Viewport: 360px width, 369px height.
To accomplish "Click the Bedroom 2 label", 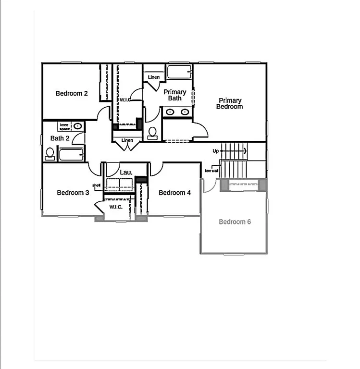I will pos(72,93).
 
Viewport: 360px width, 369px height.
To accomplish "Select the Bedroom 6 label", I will pos(235,222).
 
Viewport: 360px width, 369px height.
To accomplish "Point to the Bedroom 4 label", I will pos(174,193).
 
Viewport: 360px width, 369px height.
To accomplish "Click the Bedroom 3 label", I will pos(73,193).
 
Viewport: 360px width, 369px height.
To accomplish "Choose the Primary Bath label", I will pos(175,95).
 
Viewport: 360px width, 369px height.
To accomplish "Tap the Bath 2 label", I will pos(60,138).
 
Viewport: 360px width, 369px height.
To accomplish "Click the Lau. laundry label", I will pos(126,172).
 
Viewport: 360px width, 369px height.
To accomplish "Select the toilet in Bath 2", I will pos(50,153).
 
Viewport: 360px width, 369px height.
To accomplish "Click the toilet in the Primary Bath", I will pos(153,133).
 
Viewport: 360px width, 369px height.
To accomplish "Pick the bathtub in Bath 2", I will pos(71,154).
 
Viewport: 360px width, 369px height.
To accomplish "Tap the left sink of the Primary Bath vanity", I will pos(170,112).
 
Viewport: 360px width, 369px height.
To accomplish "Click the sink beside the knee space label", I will pos(77,126).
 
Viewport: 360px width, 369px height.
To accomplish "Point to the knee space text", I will pos(64,126).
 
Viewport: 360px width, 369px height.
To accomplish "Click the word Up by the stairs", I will pos(215,151).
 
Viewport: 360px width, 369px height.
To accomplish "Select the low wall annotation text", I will pos(211,171).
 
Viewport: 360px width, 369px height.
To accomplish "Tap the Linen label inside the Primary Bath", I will pos(154,77).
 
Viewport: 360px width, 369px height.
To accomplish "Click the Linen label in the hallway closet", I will pos(127,140).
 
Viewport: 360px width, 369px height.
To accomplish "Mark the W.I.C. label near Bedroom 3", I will pos(116,207).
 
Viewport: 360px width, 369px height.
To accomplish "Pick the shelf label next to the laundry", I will pos(97,185).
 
